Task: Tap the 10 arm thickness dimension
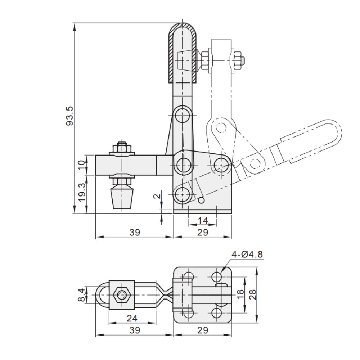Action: [82, 165]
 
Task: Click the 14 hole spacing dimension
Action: [203, 220]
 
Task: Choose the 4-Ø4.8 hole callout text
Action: [247, 255]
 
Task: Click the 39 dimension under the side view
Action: [135, 232]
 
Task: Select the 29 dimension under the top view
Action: [203, 330]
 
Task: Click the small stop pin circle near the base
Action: [202, 200]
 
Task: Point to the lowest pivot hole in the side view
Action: [183, 195]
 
